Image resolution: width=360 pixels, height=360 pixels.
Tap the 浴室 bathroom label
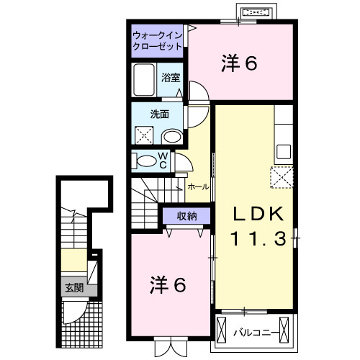click(171, 78)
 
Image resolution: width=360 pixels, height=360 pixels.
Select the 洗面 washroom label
click(159, 113)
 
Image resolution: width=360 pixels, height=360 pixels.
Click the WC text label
click(163, 161)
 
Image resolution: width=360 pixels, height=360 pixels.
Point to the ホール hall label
click(198, 186)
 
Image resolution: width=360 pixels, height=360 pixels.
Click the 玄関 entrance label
click(74, 288)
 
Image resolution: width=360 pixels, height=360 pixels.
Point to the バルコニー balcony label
click(257, 332)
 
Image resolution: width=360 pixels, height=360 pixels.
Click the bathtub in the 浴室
click(145, 79)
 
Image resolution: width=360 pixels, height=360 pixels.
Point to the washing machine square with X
click(144, 134)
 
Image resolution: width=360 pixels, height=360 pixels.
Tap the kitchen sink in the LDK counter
click(283, 152)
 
